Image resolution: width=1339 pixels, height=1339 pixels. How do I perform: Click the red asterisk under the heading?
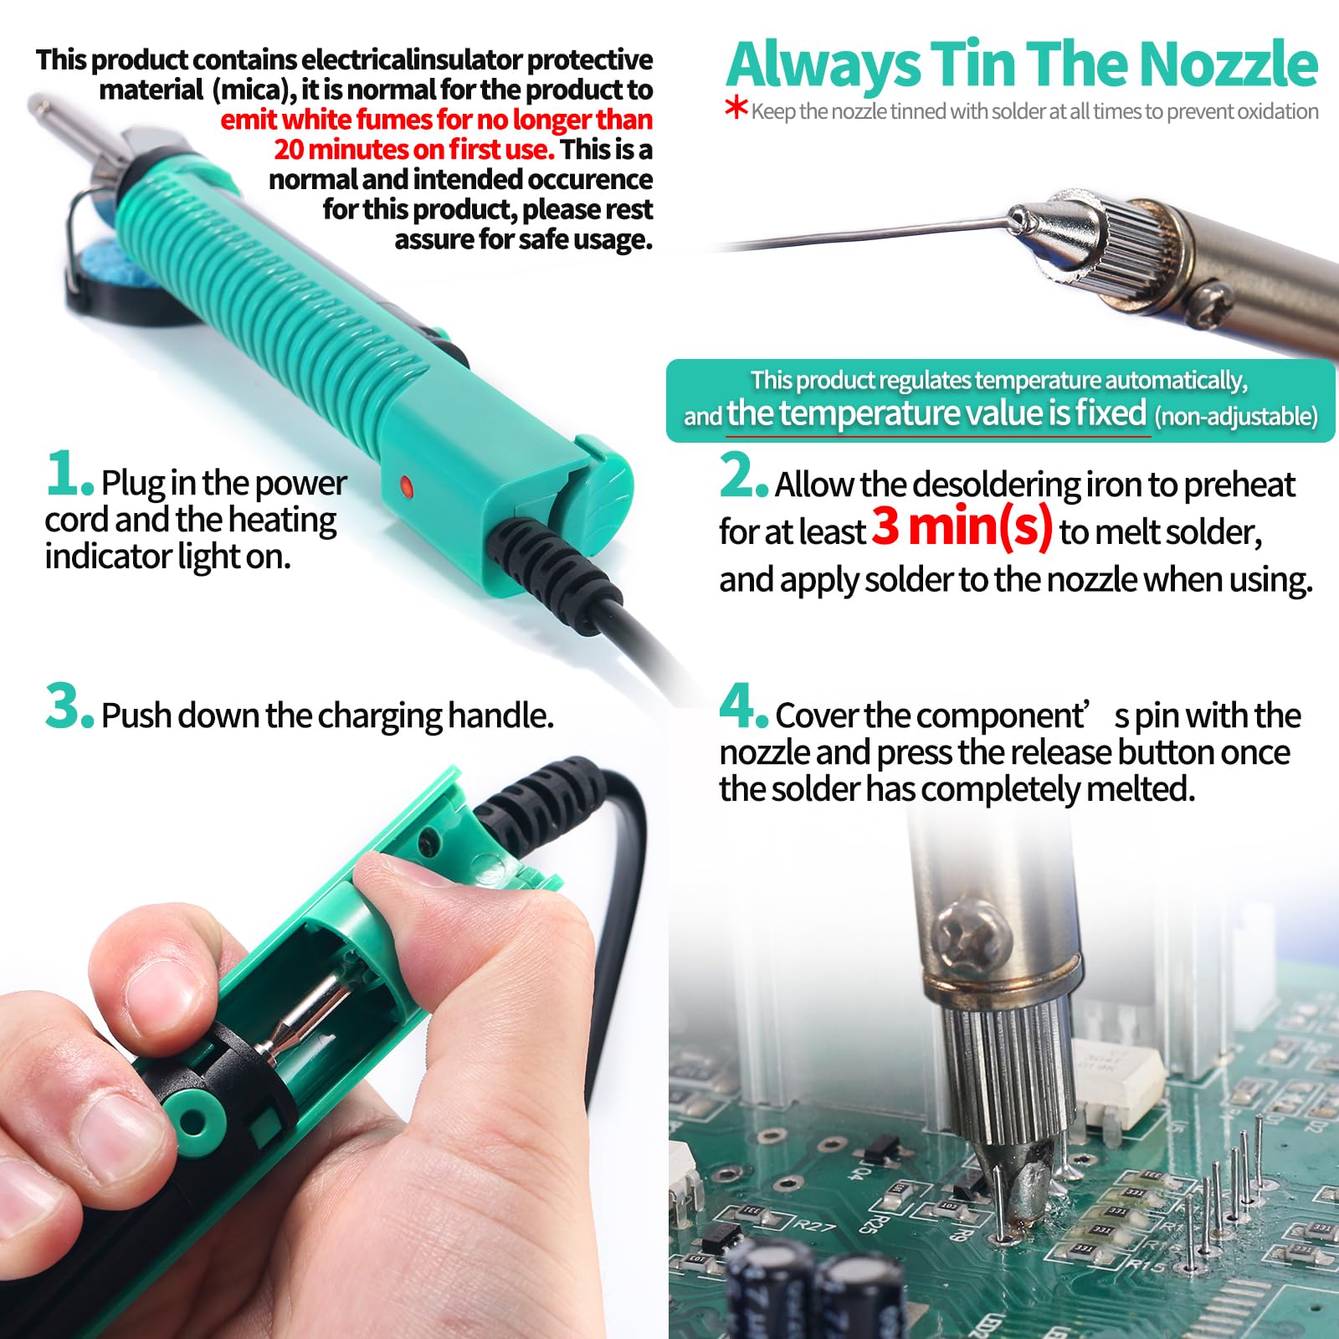[736, 109]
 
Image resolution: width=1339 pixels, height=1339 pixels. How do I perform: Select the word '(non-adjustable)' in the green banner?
[1236, 416]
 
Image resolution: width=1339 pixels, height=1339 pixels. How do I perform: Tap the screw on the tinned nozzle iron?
[1214, 296]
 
